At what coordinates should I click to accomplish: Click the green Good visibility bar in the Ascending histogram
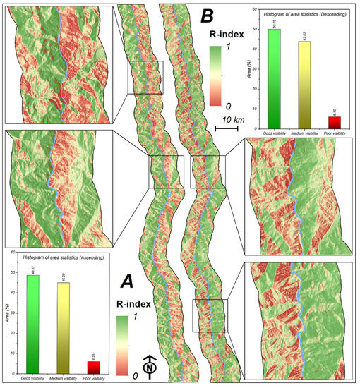[33, 324]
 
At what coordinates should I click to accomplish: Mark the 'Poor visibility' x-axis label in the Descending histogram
[335, 132]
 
